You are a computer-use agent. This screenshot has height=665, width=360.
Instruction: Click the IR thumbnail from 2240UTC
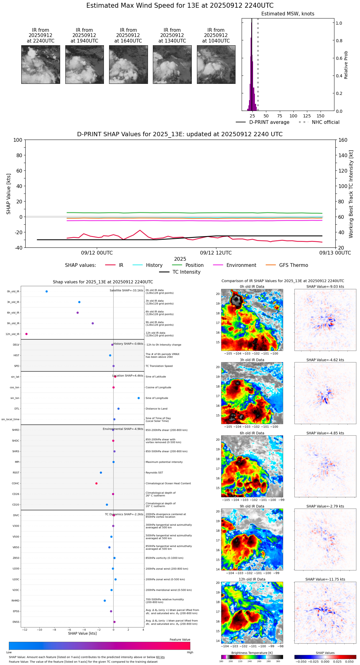[40, 64]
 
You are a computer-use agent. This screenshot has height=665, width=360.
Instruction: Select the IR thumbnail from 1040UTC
[216, 64]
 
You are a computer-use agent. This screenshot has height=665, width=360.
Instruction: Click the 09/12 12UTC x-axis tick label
[216, 253]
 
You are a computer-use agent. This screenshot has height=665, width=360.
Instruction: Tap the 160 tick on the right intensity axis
[343, 140]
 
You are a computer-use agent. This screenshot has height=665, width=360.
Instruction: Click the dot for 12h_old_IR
[27, 334]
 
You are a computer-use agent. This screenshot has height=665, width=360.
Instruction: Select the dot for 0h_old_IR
[47, 292]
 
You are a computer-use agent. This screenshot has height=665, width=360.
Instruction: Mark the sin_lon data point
[139, 398]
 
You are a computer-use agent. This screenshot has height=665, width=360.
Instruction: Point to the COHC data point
[96, 483]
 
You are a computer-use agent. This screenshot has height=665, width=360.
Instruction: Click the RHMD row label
[15, 601]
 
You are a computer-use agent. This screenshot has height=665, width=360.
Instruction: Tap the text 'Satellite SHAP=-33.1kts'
[126, 291]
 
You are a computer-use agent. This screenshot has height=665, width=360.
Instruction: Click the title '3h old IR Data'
[252, 360]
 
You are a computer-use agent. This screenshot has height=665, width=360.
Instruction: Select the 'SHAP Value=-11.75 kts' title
[325, 579]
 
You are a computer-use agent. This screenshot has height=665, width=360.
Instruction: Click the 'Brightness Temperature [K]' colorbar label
[252, 653]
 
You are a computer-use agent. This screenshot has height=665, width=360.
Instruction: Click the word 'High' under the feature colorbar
[190, 652]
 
